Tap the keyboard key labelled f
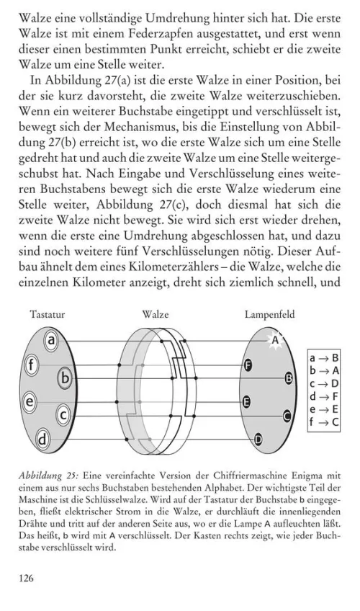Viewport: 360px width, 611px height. pyautogui.click(x=32, y=365)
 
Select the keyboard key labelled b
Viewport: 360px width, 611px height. pyautogui.click(x=66, y=376)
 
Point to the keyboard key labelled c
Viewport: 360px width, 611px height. pyautogui.click(x=64, y=414)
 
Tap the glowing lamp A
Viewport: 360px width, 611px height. pyautogui.click(x=274, y=339)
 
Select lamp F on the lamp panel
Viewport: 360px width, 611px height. pyautogui.click(x=248, y=365)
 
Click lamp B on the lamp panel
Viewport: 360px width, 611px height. pyautogui.click(x=289, y=377)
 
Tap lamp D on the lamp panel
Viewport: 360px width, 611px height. pyautogui.click(x=258, y=439)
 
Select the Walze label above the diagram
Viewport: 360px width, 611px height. pyautogui.click(x=156, y=315)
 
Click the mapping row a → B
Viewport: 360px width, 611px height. pyautogui.click(x=324, y=357)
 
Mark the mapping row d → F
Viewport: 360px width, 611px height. pyautogui.click(x=324, y=396)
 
